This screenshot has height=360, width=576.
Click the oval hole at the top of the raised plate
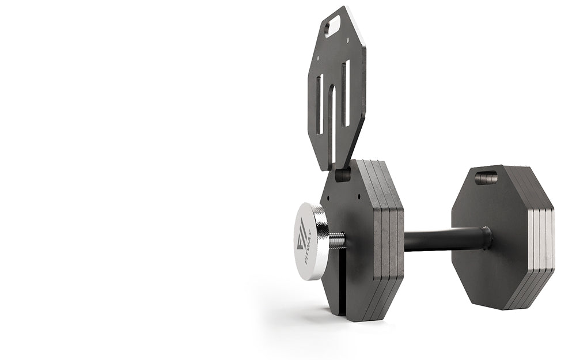click(x=332, y=26)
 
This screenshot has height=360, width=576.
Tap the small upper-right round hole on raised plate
click(x=347, y=40)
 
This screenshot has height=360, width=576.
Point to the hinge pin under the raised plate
click(x=343, y=175)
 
